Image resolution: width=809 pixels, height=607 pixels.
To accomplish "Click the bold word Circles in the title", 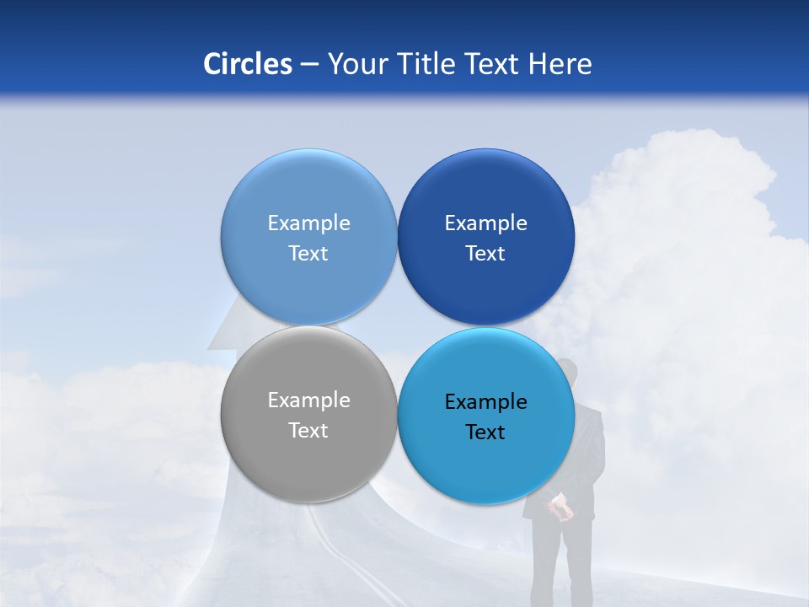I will (x=247, y=64).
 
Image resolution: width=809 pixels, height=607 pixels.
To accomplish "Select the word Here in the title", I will (x=560, y=64).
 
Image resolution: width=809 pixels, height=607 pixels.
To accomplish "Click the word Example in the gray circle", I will (x=308, y=400).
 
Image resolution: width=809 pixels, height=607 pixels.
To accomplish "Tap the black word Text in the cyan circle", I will (x=485, y=432).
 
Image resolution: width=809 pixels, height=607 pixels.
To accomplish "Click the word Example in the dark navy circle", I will (x=485, y=223).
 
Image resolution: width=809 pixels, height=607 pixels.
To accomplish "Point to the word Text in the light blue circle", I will (x=308, y=254).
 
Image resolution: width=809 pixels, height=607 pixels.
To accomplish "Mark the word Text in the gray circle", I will (x=308, y=431).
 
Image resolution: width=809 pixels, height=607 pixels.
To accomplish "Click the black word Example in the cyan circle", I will (x=485, y=402).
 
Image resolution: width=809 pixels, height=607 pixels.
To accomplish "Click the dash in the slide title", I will (x=309, y=65).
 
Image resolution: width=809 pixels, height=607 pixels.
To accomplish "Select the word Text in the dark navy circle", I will (x=485, y=254).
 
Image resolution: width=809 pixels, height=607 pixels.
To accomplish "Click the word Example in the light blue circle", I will (x=308, y=223).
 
